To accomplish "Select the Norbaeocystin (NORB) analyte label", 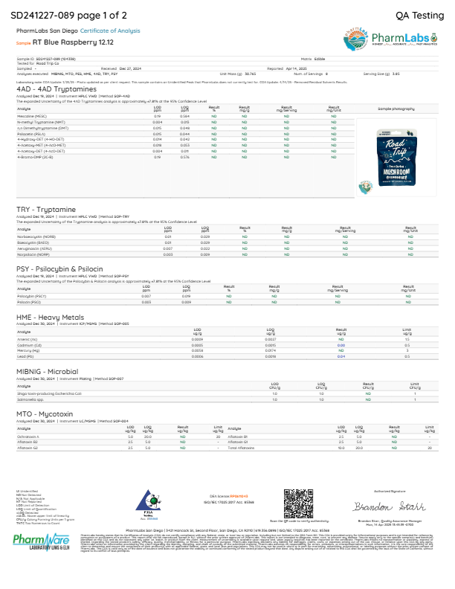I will (35, 236).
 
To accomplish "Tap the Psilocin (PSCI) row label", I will (29, 303).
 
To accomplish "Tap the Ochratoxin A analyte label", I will (28, 437).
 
